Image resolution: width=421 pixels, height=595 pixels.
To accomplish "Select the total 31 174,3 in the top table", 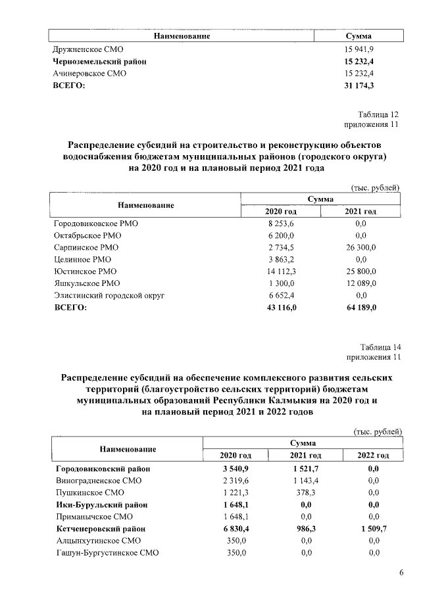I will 359,86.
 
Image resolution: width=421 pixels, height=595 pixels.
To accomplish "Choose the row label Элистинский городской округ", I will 109,296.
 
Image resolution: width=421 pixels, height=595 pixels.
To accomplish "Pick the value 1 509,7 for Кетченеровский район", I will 373,529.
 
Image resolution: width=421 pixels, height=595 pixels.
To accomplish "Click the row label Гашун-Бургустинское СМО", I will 108,553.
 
